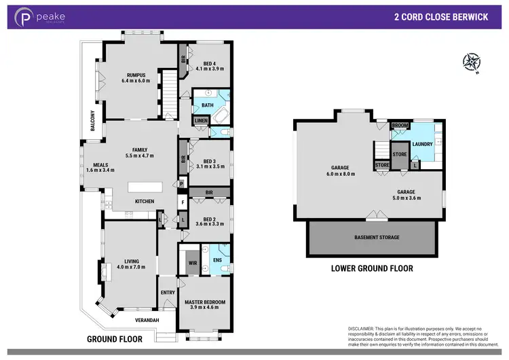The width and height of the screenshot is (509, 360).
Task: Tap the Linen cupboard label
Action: pos(201,121)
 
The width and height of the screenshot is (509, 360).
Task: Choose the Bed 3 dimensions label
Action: pos(210,166)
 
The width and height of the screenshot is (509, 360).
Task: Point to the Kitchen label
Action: pos(144,201)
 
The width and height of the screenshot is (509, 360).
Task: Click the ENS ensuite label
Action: pos(217,259)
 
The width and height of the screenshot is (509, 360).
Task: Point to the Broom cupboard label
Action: pos(400,126)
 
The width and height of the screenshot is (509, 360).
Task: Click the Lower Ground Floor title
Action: pos(371,268)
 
